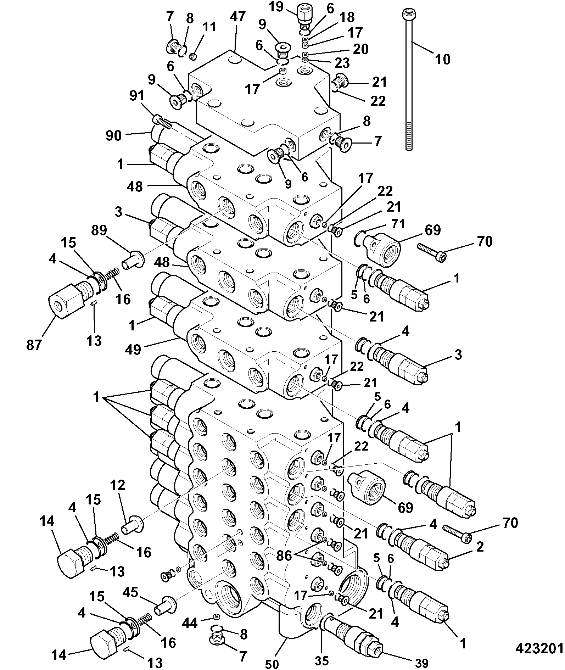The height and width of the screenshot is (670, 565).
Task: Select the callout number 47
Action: tap(237, 17)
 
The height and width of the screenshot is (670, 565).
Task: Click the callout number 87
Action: tap(34, 345)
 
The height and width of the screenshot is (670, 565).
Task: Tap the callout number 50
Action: tap(272, 663)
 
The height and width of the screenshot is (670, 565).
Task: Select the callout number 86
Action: tap(284, 555)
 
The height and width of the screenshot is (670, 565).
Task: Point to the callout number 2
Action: tap(480, 547)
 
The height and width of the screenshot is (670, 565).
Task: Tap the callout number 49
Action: tap(133, 350)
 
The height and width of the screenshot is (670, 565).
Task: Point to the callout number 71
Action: tap(398, 224)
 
